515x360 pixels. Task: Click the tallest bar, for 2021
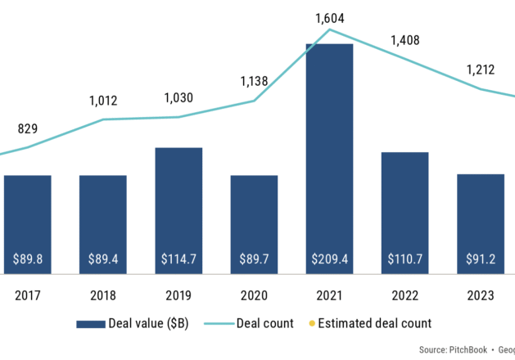click(329, 155)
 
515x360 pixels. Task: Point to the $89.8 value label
click(27, 259)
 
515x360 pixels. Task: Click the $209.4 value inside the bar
click(329, 259)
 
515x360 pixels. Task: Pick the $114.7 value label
click(178, 259)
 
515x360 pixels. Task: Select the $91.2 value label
click(480, 259)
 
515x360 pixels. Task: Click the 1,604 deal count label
click(329, 16)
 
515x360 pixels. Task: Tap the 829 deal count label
click(27, 129)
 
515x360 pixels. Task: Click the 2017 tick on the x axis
click(27, 295)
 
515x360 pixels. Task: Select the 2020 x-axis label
click(254, 295)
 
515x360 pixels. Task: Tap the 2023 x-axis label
click(480, 295)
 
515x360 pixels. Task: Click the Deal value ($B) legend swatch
click(89, 323)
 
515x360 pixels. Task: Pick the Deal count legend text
click(266, 323)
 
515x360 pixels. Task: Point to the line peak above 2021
click(329, 30)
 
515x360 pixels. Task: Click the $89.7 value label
click(254, 259)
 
